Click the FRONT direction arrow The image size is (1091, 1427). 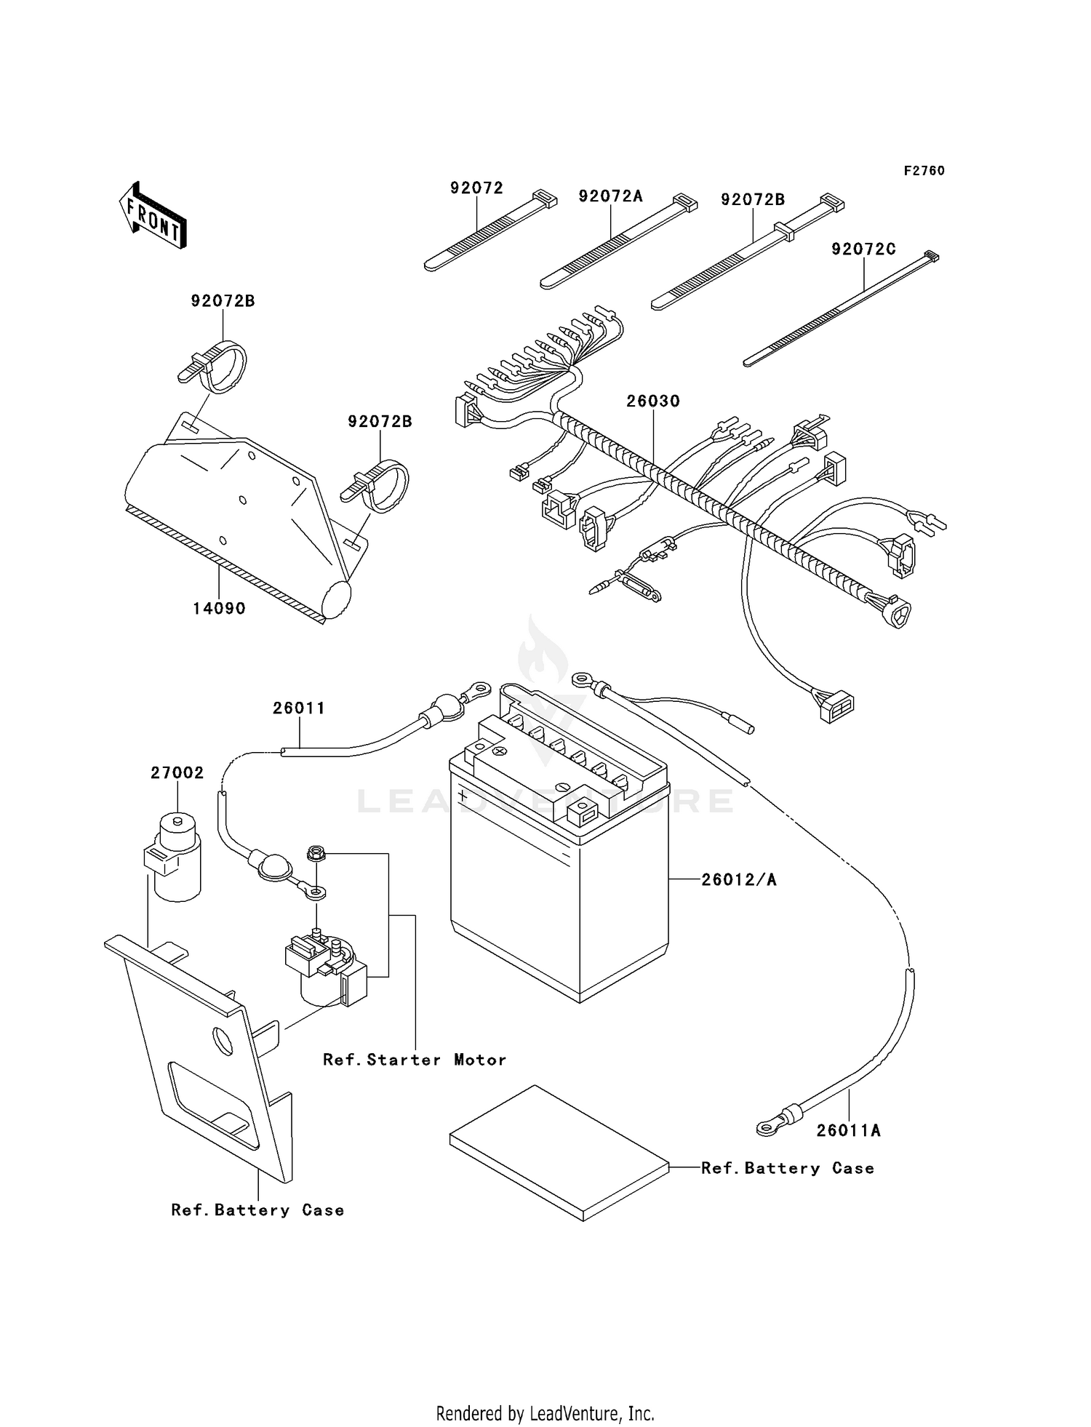(x=153, y=217)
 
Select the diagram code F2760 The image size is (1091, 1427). (x=924, y=171)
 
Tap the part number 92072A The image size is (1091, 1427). (x=610, y=196)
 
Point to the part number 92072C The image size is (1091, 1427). (x=863, y=249)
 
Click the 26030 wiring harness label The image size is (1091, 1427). (x=653, y=401)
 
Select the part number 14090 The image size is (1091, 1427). (x=218, y=608)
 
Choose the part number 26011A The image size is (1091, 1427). (x=848, y=1130)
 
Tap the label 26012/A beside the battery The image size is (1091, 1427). (x=739, y=880)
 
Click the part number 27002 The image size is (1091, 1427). (x=177, y=773)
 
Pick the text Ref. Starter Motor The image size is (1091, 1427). (x=415, y=1060)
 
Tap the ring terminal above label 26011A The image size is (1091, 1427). (x=766, y=1128)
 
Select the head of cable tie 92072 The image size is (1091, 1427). (x=545, y=199)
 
